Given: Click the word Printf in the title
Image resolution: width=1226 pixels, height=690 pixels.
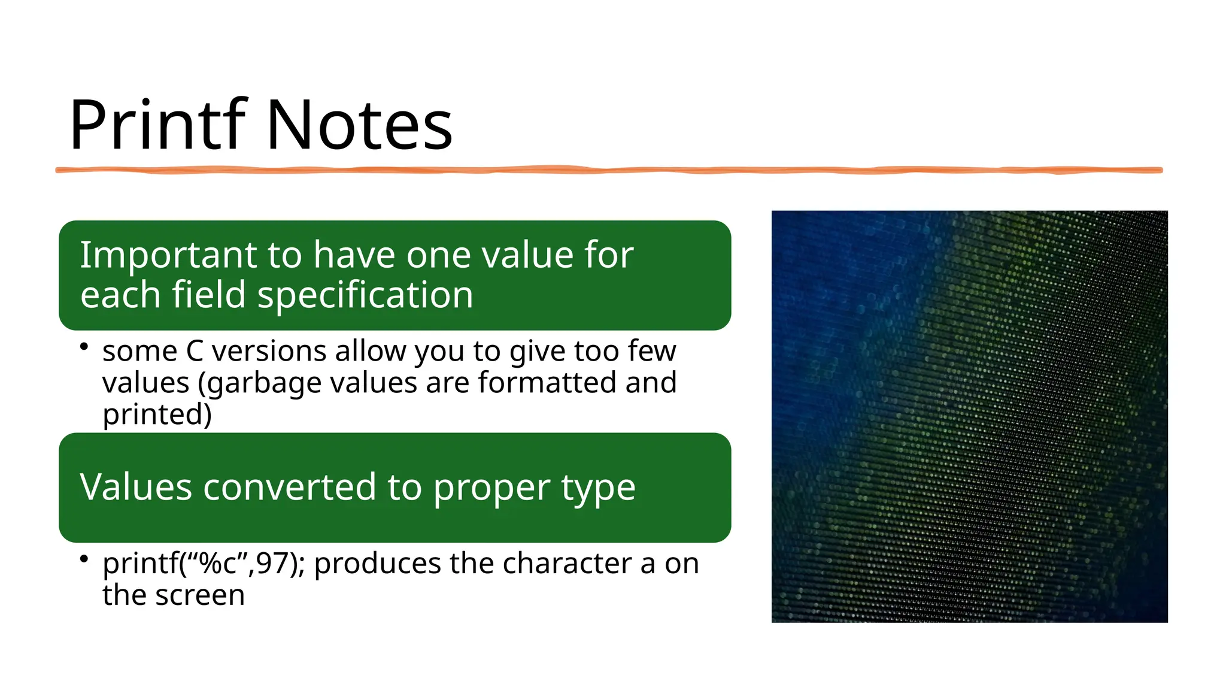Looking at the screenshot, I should pos(157,126).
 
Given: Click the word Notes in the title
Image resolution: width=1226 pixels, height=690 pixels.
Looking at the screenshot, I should pos(359,126).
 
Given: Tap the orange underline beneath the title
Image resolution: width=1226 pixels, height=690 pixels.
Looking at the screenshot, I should pos(608,171).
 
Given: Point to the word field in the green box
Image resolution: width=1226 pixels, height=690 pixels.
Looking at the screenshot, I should pos(209,295).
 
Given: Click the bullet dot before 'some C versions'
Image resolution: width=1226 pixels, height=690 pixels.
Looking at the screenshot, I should pos(84,347).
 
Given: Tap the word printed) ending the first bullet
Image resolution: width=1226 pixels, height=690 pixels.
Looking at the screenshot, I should pos(157,415).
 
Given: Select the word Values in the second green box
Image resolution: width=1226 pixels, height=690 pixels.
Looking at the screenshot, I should pos(136,487).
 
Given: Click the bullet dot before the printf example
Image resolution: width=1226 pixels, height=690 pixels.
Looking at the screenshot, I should pos(84,559).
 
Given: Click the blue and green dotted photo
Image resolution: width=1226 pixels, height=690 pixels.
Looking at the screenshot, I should pos(969,416).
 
